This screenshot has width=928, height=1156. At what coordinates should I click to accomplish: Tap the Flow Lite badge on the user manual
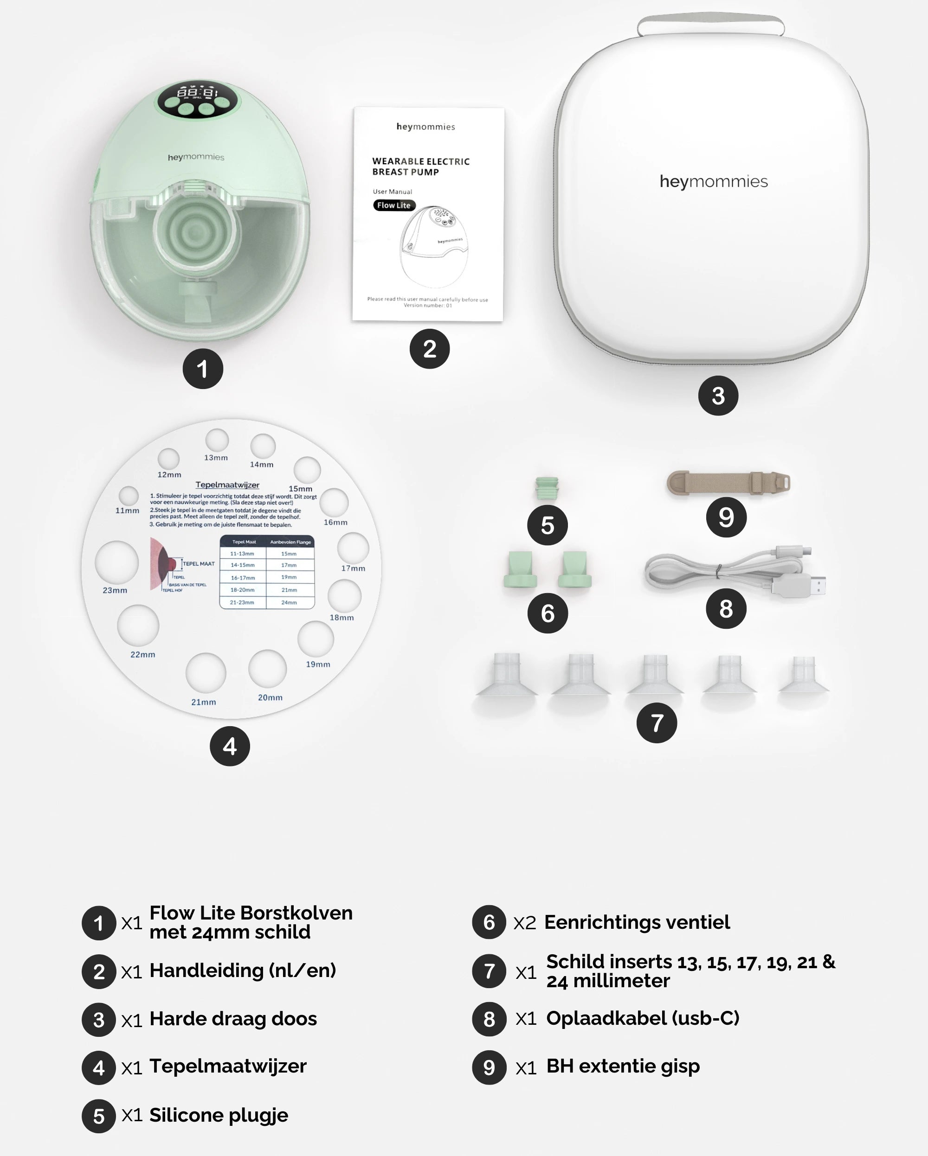click(394, 205)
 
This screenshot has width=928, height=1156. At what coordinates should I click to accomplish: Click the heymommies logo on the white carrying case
click(714, 182)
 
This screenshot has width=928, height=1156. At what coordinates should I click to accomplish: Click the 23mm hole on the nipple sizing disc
click(117, 562)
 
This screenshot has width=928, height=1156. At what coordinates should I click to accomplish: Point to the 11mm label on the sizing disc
click(127, 511)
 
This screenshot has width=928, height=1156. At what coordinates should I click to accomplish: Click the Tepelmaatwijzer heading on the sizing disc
click(227, 485)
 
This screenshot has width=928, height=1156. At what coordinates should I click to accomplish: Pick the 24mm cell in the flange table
click(289, 603)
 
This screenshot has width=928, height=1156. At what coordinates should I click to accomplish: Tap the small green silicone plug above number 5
click(547, 488)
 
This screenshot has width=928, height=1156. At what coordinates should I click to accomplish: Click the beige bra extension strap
click(728, 483)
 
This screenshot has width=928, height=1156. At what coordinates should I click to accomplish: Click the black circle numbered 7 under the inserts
click(657, 723)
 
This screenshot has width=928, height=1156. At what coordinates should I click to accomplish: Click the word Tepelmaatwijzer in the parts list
click(228, 1067)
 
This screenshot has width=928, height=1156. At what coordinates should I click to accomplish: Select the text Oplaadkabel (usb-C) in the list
click(643, 1018)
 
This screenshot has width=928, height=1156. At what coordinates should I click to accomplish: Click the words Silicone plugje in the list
click(219, 1115)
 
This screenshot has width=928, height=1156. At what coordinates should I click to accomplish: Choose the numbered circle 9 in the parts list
click(489, 1067)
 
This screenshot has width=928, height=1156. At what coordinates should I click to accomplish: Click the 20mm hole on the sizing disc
click(267, 669)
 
